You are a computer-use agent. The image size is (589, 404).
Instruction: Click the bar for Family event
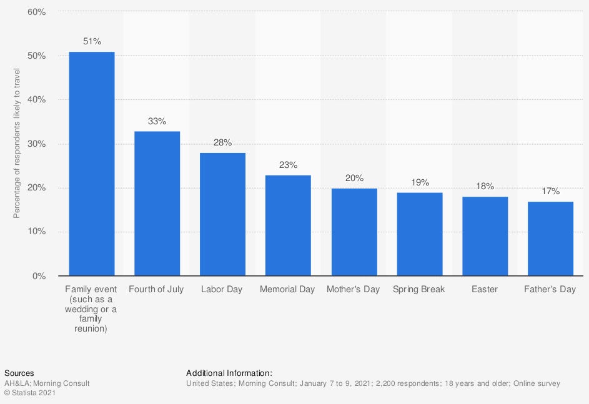click(91, 164)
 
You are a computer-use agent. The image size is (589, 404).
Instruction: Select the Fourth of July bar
click(157, 204)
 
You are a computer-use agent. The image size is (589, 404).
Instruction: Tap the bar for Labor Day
click(222, 214)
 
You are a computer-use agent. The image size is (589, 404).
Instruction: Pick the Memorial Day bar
click(288, 225)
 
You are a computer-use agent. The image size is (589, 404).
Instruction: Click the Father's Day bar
click(550, 239)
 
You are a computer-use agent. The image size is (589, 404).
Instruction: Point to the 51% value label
click(92, 42)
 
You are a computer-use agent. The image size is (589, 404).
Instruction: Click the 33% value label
click(157, 121)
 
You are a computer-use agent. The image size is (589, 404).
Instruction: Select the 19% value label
click(420, 182)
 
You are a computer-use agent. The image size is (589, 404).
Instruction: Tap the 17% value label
click(550, 191)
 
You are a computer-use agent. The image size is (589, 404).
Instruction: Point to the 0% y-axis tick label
click(39, 276)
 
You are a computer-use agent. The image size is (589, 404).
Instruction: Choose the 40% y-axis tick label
click(37, 100)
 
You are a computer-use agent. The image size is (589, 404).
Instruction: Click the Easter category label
click(485, 290)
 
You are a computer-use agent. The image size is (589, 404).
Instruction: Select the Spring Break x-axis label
click(419, 290)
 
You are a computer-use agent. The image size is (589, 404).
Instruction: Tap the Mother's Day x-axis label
click(353, 290)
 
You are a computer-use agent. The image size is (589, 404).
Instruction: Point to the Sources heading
click(19, 373)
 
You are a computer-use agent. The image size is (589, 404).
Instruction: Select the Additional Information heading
click(229, 373)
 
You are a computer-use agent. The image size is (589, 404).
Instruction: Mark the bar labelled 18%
click(485, 236)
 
